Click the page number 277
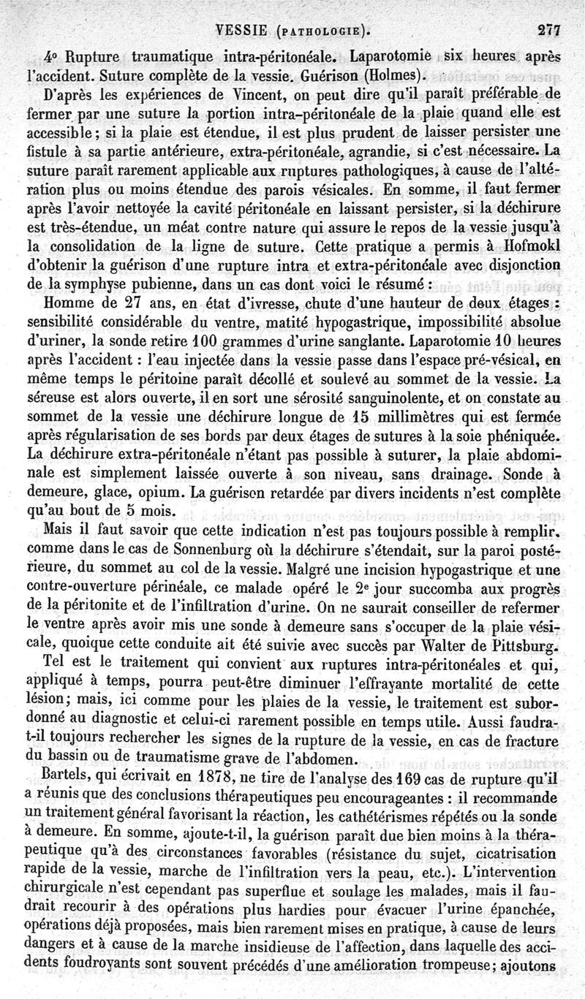548,31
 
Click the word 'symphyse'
97,283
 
